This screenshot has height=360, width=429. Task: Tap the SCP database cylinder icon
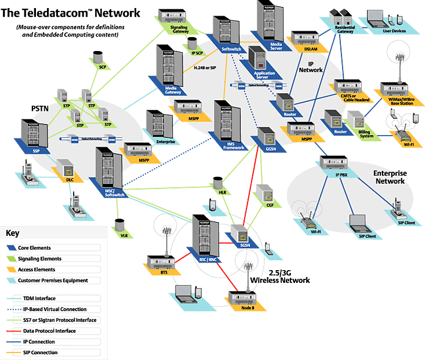(x=98, y=57)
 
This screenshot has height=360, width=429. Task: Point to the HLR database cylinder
(x=218, y=182)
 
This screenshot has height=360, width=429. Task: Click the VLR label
(x=123, y=236)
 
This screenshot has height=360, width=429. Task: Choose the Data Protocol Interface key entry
(x=49, y=331)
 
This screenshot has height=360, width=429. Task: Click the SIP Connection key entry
(x=41, y=352)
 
